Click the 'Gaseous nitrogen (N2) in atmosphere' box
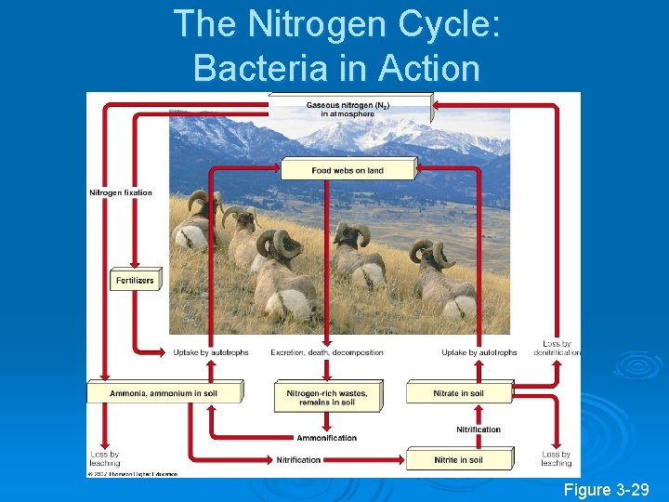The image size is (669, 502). click(x=348, y=109)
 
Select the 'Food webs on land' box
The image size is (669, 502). click(x=348, y=170)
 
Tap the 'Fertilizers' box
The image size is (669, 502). click(x=136, y=279)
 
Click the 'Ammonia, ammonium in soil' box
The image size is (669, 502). click(x=164, y=393)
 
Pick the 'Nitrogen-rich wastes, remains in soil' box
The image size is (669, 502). click(x=326, y=397)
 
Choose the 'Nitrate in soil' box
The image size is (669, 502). click(x=458, y=393)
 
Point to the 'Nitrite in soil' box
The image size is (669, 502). click(x=458, y=459)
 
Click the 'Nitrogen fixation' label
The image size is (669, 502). click(x=121, y=193)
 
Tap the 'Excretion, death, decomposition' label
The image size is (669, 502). click(x=327, y=352)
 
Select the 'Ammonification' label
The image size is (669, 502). click(x=326, y=438)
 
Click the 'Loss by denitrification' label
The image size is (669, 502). click(x=557, y=348)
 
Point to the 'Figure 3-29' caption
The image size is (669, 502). click(x=606, y=490)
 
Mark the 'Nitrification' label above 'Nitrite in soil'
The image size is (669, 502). click(x=478, y=429)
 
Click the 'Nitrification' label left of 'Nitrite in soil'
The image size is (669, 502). click(x=298, y=459)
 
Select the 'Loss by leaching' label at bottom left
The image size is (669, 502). click(x=105, y=458)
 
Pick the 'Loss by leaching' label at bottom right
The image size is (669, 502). click(x=556, y=458)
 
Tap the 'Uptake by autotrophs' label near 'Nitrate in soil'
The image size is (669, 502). click(x=479, y=352)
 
